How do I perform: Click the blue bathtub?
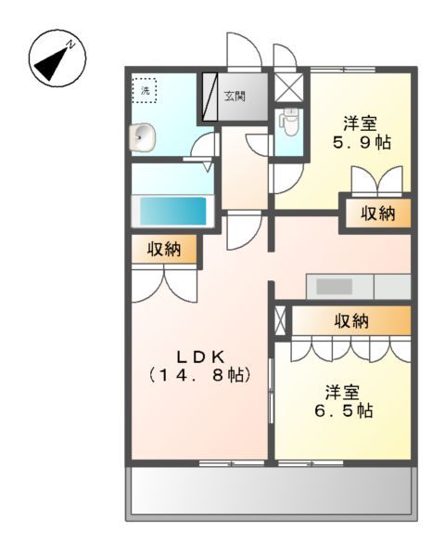point(172,210)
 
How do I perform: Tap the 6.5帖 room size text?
point(342,409)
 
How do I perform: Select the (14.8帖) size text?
point(199,376)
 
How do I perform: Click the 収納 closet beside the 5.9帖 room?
point(377,213)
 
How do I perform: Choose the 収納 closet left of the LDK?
point(163,250)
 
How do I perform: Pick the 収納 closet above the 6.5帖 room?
point(350,321)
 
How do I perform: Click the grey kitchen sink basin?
point(333,286)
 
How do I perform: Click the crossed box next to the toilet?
point(289,88)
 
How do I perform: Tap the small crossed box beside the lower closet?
point(281,320)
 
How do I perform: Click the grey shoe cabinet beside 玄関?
point(209,97)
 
